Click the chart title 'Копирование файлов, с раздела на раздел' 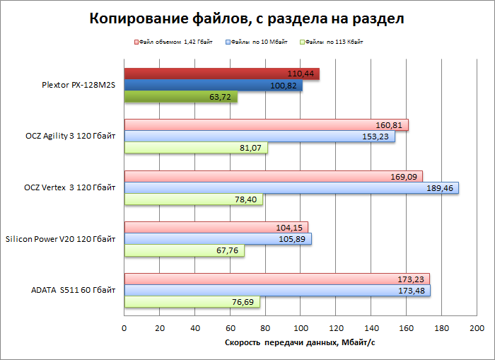[x=247, y=18]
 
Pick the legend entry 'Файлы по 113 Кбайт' [x=337, y=42]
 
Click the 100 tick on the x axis [x=301, y=329]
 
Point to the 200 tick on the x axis [x=477, y=329]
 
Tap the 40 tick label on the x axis [x=195, y=329]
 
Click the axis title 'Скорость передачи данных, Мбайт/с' [x=300, y=343]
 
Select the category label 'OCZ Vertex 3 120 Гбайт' [x=69, y=187]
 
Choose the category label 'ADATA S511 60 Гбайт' [x=73, y=291]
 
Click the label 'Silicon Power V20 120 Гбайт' [x=60, y=239]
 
